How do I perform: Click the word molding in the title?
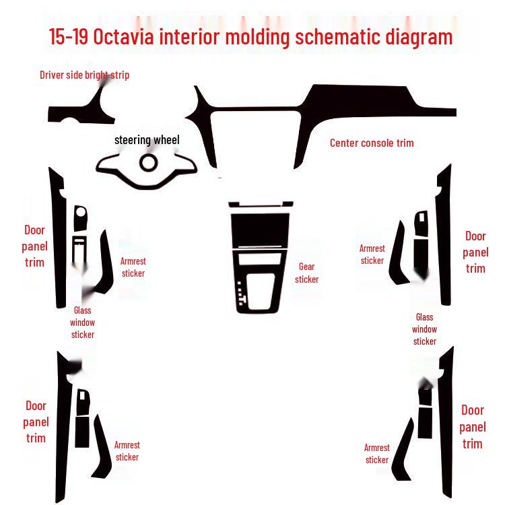(x=258, y=36)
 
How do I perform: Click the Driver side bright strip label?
(x=84, y=75)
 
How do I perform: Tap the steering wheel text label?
(x=147, y=139)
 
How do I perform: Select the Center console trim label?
(x=372, y=143)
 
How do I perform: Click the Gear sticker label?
(x=306, y=273)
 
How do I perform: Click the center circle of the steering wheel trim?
(x=148, y=162)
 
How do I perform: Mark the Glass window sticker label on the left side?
(x=83, y=323)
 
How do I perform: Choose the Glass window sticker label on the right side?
(x=424, y=329)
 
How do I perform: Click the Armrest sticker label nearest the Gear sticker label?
(x=372, y=255)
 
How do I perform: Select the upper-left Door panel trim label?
(x=35, y=246)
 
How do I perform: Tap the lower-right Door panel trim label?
(x=473, y=427)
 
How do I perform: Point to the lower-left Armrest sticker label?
(x=127, y=451)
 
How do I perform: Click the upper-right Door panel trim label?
(x=475, y=252)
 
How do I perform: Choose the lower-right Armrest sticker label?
(x=377, y=454)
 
